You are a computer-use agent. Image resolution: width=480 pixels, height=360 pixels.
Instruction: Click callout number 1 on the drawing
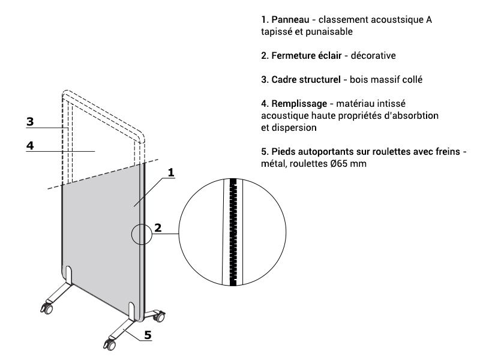coord(170,173)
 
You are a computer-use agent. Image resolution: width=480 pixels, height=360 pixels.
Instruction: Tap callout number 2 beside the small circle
coord(158,227)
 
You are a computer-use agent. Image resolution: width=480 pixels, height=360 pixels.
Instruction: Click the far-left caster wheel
coord(46,309)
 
